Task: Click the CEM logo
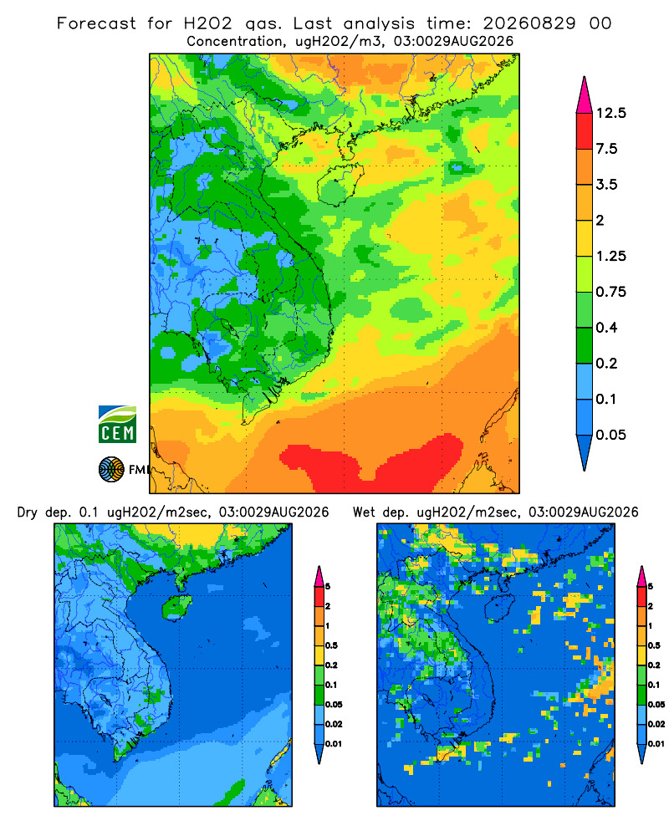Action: pyautogui.click(x=117, y=424)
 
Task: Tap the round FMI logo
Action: pyautogui.click(x=111, y=469)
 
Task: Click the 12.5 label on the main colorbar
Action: pyautogui.click(x=611, y=113)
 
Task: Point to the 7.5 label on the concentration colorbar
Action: pyautogui.click(x=606, y=149)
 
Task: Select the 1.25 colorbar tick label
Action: pyautogui.click(x=611, y=256)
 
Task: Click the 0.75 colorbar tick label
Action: pyautogui.click(x=611, y=292)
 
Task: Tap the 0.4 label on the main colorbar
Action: pyautogui.click(x=606, y=328)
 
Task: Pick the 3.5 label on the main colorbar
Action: pyautogui.click(x=606, y=185)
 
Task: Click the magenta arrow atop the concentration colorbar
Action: pyautogui.click(x=585, y=95)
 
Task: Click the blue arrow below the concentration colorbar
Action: pyautogui.click(x=585, y=453)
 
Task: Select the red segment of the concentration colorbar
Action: pyautogui.click(x=585, y=131)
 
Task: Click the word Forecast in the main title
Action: pyautogui.click(x=96, y=23)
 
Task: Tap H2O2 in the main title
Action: pyautogui.click(x=208, y=23)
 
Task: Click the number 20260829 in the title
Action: pyautogui.click(x=529, y=23)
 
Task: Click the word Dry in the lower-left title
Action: pyautogui.click(x=28, y=512)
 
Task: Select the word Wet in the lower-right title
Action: pyautogui.click(x=365, y=512)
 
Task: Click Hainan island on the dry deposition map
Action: pyautogui.click(x=176, y=608)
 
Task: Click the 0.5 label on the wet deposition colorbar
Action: pyautogui.click(x=653, y=645)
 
